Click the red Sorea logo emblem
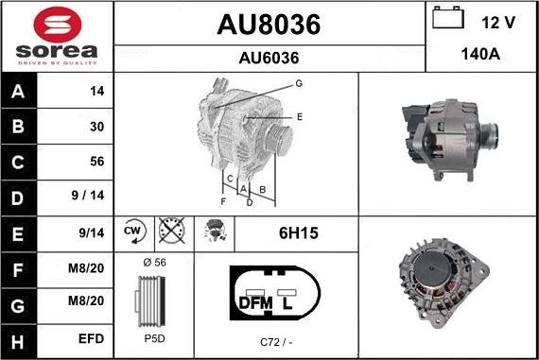click(58, 26)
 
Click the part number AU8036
click(269, 25)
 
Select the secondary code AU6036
click(269, 58)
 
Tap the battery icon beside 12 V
click(448, 17)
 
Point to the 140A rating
click(480, 54)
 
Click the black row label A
click(18, 91)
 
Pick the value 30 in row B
click(97, 127)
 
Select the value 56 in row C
click(97, 162)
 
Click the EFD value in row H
click(91, 338)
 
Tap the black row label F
click(18, 269)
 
